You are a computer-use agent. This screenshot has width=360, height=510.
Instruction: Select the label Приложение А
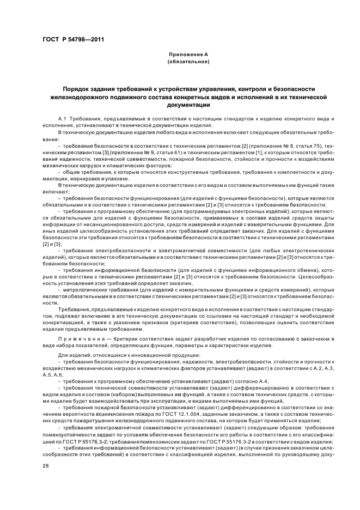click(x=189, y=55)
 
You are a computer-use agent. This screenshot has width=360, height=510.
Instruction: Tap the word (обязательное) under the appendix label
click(x=189, y=62)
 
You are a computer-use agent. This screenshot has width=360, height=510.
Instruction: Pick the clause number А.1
click(x=62, y=118)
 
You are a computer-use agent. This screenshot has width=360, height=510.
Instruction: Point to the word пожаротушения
click(x=107, y=420)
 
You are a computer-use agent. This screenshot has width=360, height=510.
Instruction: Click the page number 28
click(x=45, y=465)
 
